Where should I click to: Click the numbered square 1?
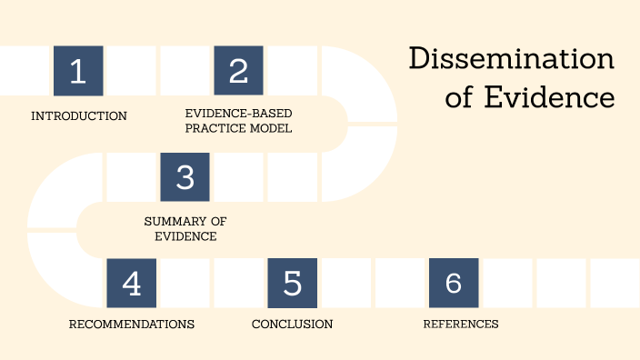click(78, 70)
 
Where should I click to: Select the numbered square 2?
click(238, 70)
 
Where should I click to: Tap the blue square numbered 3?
click(185, 176)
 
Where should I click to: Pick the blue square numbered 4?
click(131, 283)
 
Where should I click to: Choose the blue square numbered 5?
click(292, 283)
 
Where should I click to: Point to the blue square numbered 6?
click(453, 283)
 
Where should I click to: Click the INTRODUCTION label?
click(79, 115)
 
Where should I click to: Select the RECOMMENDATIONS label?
click(132, 324)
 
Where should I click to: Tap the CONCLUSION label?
click(292, 324)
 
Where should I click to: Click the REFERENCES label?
click(461, 324)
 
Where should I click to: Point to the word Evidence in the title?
click(549, 96)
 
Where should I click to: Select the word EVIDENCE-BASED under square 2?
click(238, 113)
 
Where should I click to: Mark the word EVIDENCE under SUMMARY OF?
click(185, 236)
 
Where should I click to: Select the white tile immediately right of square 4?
click(185, 283)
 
